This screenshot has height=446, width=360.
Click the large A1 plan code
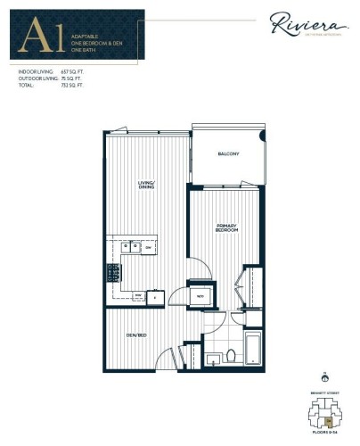(x=35, y=37)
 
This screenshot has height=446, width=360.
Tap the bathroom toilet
(x=232, y=355)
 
